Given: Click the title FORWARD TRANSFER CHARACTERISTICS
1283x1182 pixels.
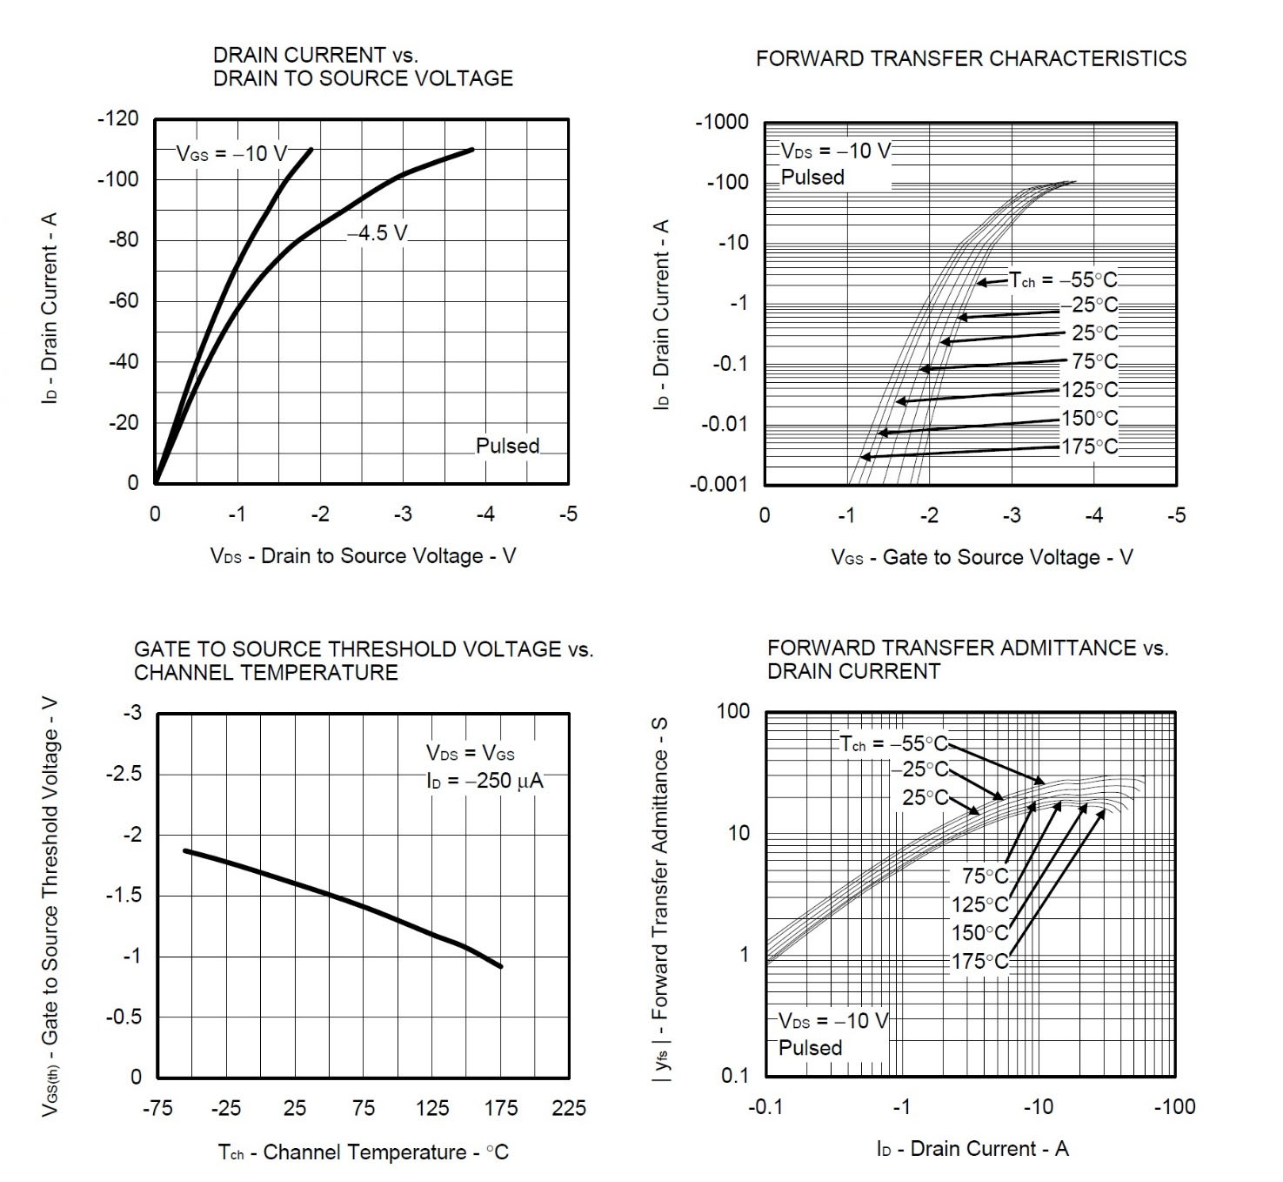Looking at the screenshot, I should click(971, 59).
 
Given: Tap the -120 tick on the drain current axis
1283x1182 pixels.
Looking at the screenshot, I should click(117, 119).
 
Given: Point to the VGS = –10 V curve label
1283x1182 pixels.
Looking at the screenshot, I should click(231, 154).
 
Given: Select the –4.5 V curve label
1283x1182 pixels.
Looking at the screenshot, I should click(378, 233).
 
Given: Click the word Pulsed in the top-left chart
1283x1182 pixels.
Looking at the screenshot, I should click(507, 447).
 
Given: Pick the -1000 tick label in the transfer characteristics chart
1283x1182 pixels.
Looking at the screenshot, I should click(722, 122).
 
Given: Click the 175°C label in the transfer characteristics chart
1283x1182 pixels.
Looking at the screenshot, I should click(1089, 447).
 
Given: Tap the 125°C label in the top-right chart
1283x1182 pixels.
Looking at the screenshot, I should click(1089, 390).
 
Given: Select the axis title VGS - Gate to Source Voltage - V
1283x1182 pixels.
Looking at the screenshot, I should click(982, 558).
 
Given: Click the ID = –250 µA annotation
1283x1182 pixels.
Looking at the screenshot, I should click(484, 781).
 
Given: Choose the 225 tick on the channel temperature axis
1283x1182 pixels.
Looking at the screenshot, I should click(569, 1108).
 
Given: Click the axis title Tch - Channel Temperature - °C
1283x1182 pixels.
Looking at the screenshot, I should click(363, 1153).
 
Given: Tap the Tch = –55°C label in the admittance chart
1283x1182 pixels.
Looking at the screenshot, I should click(892, 744).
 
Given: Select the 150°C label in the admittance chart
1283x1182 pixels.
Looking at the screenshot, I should click(979, 933).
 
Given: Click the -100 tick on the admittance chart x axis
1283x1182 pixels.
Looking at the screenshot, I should click(1174, 1107).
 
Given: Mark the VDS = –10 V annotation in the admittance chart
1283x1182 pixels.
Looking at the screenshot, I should click(832, 1021).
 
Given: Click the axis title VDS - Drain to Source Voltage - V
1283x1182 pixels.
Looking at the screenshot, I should click(363, 556).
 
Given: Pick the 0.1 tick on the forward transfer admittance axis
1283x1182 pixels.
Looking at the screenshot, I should click(735, 1077).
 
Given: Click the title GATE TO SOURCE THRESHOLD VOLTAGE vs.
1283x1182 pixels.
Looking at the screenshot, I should click(363, 649).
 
